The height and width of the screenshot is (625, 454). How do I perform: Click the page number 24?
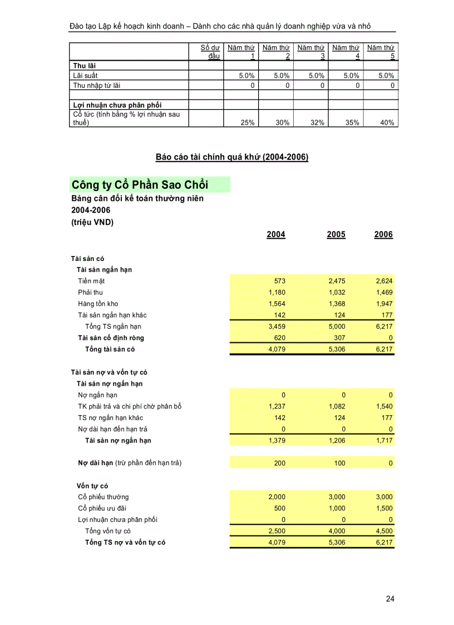[x=390, y=599]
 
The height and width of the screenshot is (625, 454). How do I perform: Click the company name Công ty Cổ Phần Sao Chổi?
[x=140, y=185]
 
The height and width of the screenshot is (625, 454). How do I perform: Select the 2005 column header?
[x=336, y=234]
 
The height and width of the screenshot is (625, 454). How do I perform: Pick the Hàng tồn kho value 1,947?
[x=383, y=304]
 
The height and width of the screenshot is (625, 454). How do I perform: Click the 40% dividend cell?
[x=387, y=123]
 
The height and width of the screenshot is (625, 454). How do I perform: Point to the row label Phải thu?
[x=90, y=292]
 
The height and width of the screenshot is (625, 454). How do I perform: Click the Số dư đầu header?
[x=210, y=52]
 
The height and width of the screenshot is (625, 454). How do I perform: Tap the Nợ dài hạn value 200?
[x=279, y=463]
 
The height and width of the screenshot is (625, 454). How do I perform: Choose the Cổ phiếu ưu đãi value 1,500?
[x=383, y=508]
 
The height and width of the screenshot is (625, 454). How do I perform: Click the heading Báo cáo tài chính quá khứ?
[x=231, y=158]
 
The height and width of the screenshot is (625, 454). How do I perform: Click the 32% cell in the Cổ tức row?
[x=317, y=123]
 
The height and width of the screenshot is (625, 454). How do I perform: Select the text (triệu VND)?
[x=92, y=222]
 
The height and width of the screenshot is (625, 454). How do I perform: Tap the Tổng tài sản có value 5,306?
[x=336, y=350]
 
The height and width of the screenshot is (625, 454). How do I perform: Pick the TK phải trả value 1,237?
[x=277, y=406]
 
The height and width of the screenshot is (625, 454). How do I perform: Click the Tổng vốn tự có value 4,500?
[x=383, y=531]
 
